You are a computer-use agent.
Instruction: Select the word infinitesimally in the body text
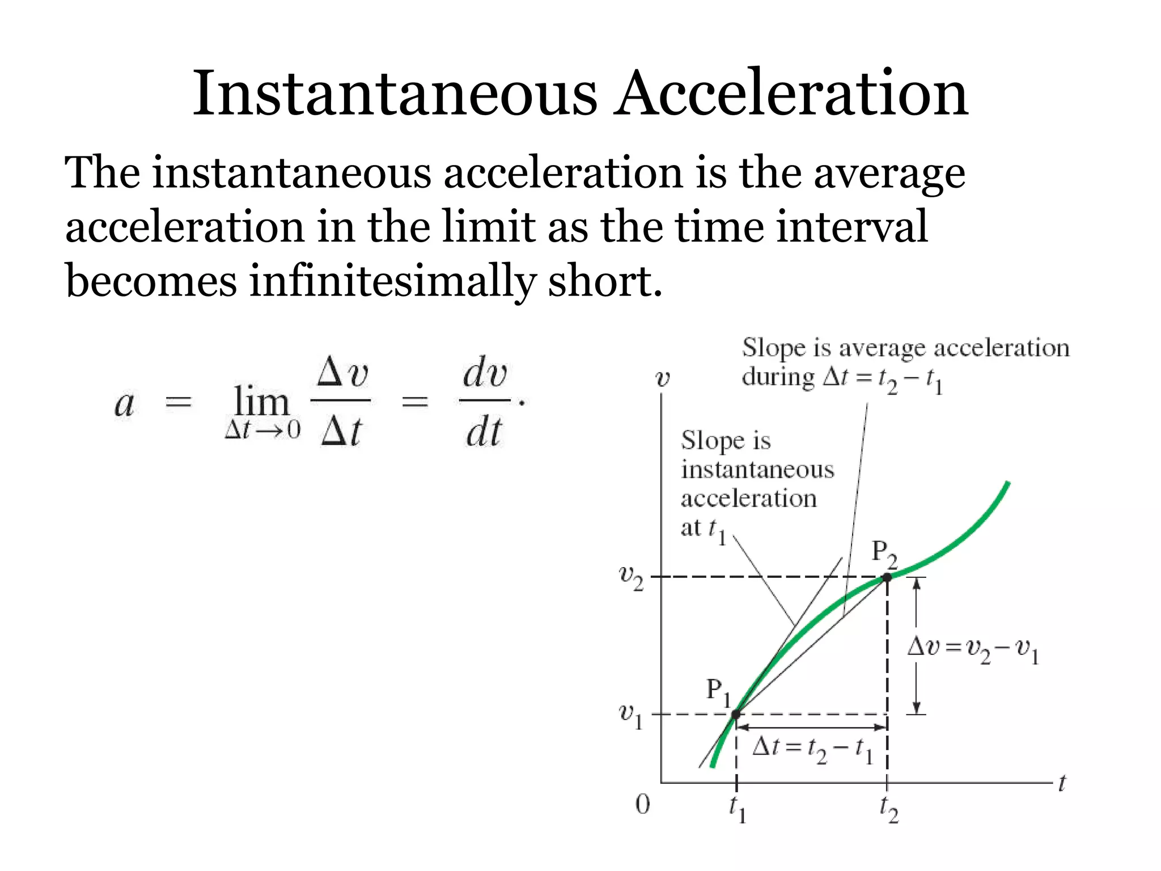tap(392, 281)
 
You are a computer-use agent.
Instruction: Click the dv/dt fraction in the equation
tap(485, 401)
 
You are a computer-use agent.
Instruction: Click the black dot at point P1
tap(736, 714)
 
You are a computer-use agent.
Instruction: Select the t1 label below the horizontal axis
tap(737, 809)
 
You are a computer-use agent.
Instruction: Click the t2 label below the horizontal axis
tap(889, 809)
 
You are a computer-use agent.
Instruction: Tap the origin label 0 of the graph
tap(642, 805)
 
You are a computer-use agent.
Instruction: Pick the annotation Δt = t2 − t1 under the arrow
tap(812, 750)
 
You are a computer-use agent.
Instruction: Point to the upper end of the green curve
tap(1007, 484)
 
